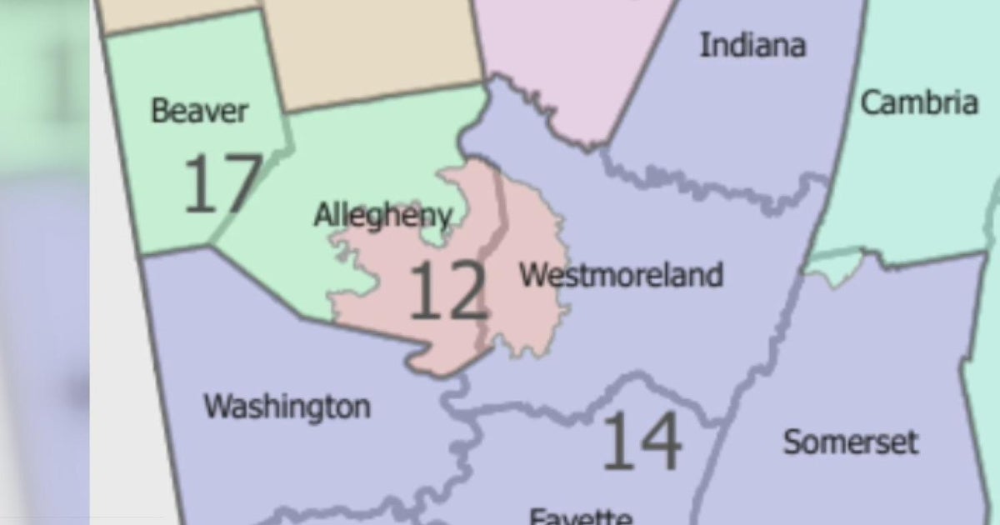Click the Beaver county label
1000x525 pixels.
pos(199,111)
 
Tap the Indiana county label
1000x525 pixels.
pos(752,45)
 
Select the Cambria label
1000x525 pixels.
pos(918,103)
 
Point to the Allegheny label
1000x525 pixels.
pos(382,216)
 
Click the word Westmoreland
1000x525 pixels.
pos(621,274)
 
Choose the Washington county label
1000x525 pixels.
pos(287,407)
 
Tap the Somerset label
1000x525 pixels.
pos(850,442)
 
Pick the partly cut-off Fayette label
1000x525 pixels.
pos(580,516)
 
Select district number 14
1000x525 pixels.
pos(641,441)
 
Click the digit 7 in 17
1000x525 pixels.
pos(242,183)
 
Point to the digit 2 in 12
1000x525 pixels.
pos(467,291)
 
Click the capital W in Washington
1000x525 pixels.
pos(218,407)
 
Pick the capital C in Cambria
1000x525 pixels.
pos(871,103)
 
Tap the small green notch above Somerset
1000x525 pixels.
pos(833,265)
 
